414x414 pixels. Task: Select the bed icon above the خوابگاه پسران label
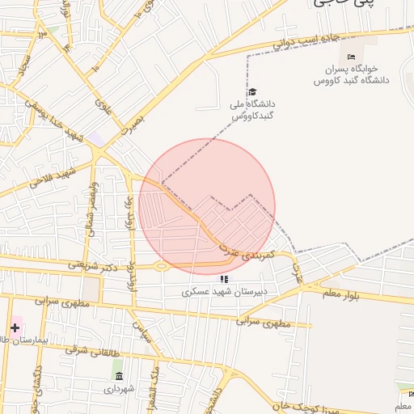point(350,57)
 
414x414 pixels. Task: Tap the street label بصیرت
point(130,123)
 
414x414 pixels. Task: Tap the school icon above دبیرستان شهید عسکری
point(224,279)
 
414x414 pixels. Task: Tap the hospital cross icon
point(15,327)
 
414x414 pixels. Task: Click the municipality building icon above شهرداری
point(119,377)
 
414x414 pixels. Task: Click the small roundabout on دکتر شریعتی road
point(160,266)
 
